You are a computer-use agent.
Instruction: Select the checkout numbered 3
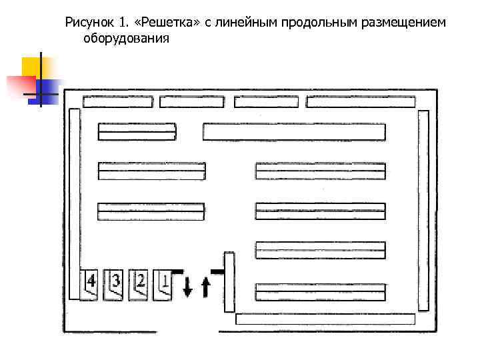tap(115, 284)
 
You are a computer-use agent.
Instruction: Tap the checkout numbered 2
tap(139, 284)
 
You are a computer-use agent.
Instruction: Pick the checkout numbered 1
tap(163, 284)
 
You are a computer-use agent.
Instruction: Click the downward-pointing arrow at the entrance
tap(187, 285)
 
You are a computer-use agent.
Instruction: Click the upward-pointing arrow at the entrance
tap(205, 287)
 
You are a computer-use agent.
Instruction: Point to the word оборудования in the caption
tap(127, 38)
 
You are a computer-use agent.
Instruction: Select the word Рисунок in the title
tap(89, 23)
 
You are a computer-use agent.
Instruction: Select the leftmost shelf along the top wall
tap(118, 102)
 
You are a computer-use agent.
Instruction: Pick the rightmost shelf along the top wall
tap(360, 102)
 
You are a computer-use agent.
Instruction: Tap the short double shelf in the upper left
tap(137, 131)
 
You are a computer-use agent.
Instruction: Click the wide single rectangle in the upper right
tap(294, 131)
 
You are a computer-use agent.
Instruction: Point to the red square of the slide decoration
tap(20, 86)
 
